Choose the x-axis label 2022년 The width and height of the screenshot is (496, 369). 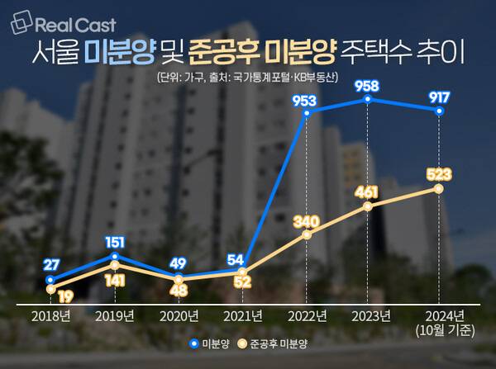pyautogui.click(x=308, y=315)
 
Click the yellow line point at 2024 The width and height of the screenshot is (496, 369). pyautogui.click(x=438, y=189)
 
